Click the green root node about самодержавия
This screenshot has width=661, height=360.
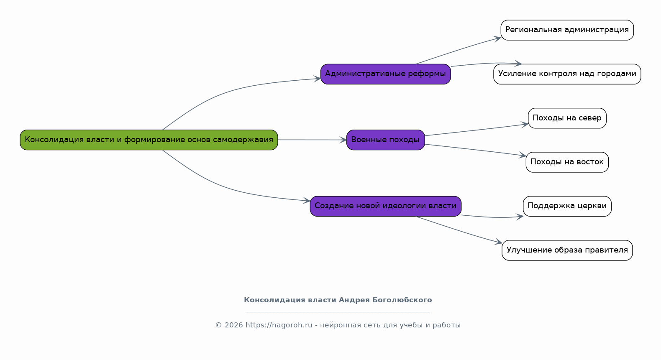pyautogui.click(x=149, y=140)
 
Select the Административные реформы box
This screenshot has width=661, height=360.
pyautogui.click(x=386, y=74)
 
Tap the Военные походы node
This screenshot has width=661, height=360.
pyautogui.click(x=386, y=140)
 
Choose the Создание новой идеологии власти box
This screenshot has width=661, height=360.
pyautogui.click(x=386, y=207)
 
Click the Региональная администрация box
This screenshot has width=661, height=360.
pyautogui.click(x=567, y=30)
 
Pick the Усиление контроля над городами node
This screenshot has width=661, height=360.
pyautogui.click(x=567, y=74)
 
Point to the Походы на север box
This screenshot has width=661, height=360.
pyautogui.click(x=567, y=118)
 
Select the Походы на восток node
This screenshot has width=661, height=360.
pyautogui.click(x=567, y=162)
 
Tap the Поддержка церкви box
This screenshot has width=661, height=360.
pyautogui.click(x=567, y=207)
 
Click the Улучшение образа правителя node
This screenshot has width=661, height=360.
pyautogui.click(x=567, y=250)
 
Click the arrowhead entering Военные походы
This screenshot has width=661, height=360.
pyautogui.click(x=343, y=140)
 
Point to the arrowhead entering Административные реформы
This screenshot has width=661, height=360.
pyautogui.click(x=317, y=79)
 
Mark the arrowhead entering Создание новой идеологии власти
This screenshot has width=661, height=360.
pyautogui.click(x=307, y=201)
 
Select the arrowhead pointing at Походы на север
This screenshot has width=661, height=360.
pyautogui.click(x=525, y=125)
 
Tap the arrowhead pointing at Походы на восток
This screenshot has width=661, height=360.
pyautogui.click(x=523, y=156)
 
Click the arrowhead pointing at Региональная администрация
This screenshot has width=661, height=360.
pyautogui.click(x=497, y=38)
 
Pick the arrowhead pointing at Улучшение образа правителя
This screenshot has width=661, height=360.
pyautogui.click(x=499, y=242)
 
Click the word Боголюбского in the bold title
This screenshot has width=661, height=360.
pyautogui.click(x=402, y=300)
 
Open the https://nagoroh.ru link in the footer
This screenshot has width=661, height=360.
pyautogui.click(x=279, y=325)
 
